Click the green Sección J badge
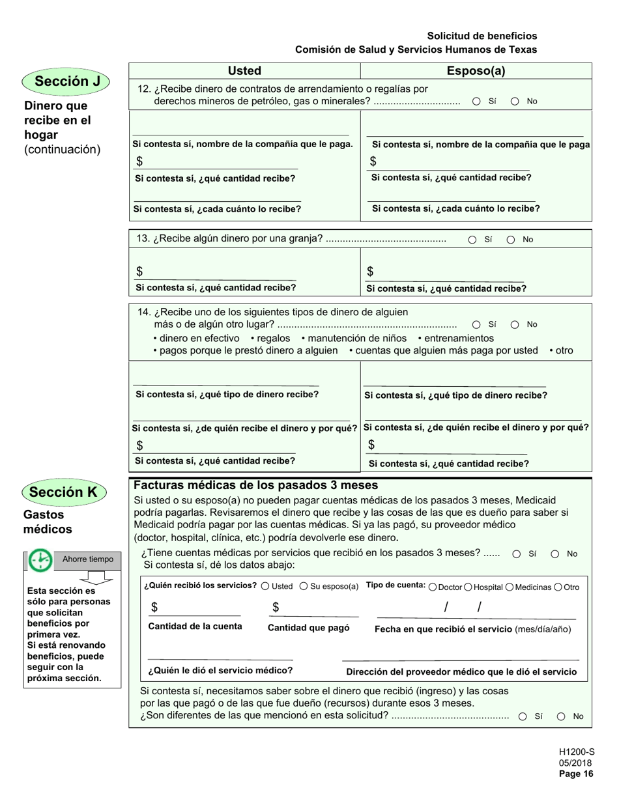[x=65, y=81]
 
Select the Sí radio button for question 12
[x=476, y=102]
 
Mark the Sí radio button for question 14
[x=476, y=324]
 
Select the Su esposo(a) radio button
[x=304, y=586]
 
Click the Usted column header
[x=244, y=71]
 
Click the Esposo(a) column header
[x=476, y=71]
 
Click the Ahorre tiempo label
[x=87, y=559]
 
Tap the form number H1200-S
[x=577, y=751]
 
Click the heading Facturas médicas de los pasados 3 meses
[x=255, y=485]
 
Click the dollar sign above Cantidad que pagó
[x=276, y=608]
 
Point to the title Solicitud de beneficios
[x=482, y=36]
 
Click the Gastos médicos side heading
[x=48, y=522]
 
